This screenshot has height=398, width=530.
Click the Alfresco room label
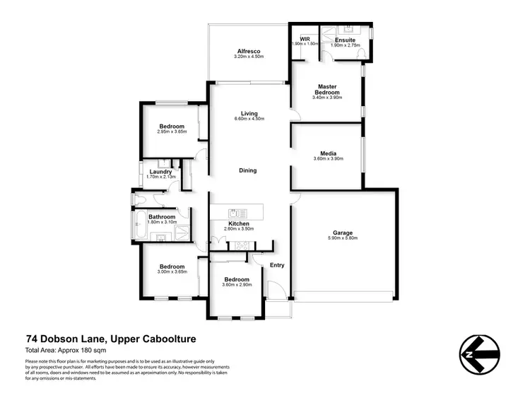248,52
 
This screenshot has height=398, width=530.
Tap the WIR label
305,39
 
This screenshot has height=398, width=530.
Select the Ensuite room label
346,39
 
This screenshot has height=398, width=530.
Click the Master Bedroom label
327,89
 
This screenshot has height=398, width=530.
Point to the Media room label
327,153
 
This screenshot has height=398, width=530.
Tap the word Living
249,113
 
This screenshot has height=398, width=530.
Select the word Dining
247,170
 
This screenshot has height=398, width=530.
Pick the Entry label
277,265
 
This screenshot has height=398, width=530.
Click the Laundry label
161,171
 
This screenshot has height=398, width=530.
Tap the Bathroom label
161,217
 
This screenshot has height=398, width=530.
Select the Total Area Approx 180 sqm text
68,350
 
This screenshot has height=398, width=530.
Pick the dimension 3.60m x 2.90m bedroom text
237,284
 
